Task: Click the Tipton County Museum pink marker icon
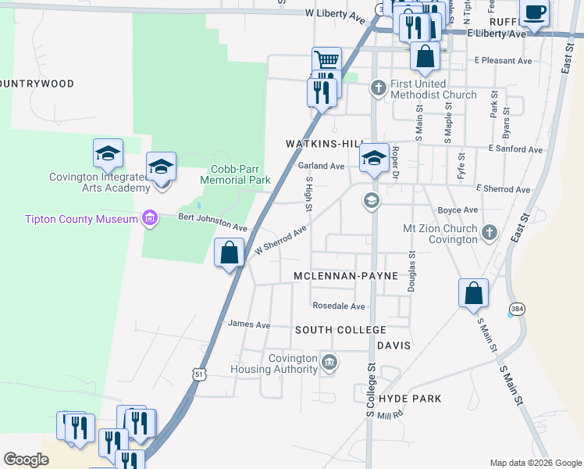pyautogui.click(x=149, y=219)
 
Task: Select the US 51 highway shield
pyautogui.click(x=200, y=374)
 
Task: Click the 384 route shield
pyautogui.click(x=517, y=309)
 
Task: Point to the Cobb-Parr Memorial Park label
pyautogui.click(x=235, y=174)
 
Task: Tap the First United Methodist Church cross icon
pyautogui.click(x=379, y=86)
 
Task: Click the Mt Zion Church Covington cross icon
pyautogui.click(x=489, y=231)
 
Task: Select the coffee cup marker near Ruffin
pyautogui.click(x=535, y=13)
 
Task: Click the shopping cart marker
pyautogui.click(x=326, y=59)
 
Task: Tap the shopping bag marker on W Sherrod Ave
pyautogui.click(x=229, y=252)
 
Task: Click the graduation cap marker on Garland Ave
pyautogui.click(x=374, y=159)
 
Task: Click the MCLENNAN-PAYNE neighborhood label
pyautogui.click(x=346, y=276)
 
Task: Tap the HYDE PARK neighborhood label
pyautogui.click(x=410, y=399)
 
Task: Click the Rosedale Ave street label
pyautogui.click(x=338, y=306)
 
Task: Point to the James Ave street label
pyautogui.click(x=248, y=324)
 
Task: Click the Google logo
pyautogui.click(x=27, y=460)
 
